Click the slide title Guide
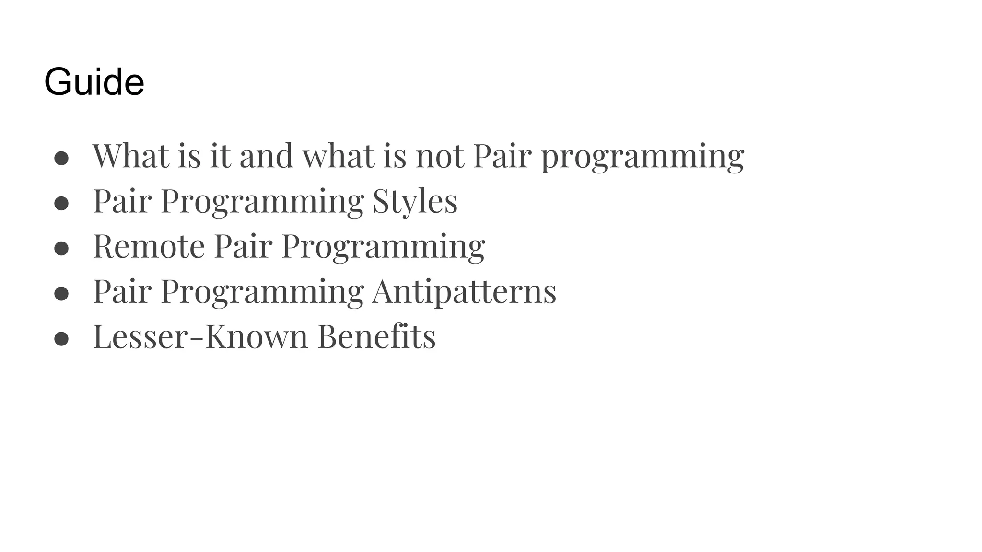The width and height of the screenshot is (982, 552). (x=94, y=82)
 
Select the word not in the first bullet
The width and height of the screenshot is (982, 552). (x=440, y=156)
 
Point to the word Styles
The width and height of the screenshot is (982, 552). (x=415, y=201)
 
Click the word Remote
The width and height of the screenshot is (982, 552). (x=149, y=246)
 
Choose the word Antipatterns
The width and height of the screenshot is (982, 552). (x=464, y=291)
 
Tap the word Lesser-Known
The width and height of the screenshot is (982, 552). (x=200, y=336)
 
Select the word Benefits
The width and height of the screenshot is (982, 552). (x=376, y=336)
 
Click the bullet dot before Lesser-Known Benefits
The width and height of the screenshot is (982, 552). (x=61, y=339)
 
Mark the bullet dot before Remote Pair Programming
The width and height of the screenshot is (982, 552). (x=61, y=249)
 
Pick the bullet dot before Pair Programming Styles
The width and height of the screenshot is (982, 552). (x=61, y=204)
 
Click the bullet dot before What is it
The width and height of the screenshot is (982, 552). (x=61, y=159)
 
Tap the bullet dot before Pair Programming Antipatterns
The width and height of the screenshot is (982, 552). (x=61, y=294)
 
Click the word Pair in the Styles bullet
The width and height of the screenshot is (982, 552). (x=122, y=201)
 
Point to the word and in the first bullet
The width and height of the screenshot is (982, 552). (x=266, y=156)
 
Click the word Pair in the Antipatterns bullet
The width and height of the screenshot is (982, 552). (x=122, y=291)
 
